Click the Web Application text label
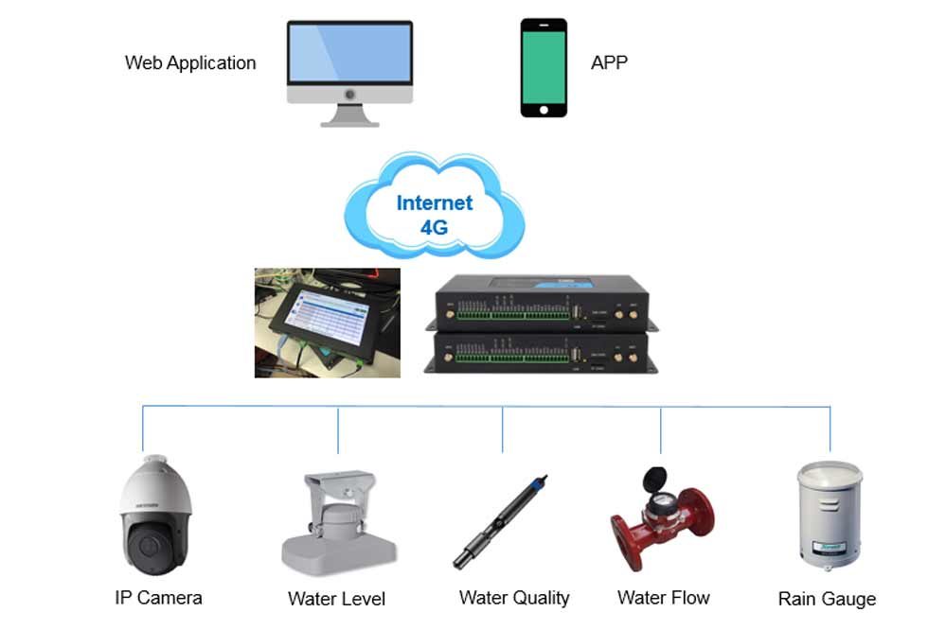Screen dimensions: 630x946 tap(190, 63)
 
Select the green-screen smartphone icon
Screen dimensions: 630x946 tap(544, 68)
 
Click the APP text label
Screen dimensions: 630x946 tap(609, 63)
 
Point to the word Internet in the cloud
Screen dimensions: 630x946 tap(435, 202)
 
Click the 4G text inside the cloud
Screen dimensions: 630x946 tap(434, 227)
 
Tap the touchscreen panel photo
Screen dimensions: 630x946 tap(328, 322)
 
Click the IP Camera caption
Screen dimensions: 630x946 tap(158, 598)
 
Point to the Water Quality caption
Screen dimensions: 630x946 tap(514, 598)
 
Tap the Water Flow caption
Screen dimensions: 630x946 tap(663, 598)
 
